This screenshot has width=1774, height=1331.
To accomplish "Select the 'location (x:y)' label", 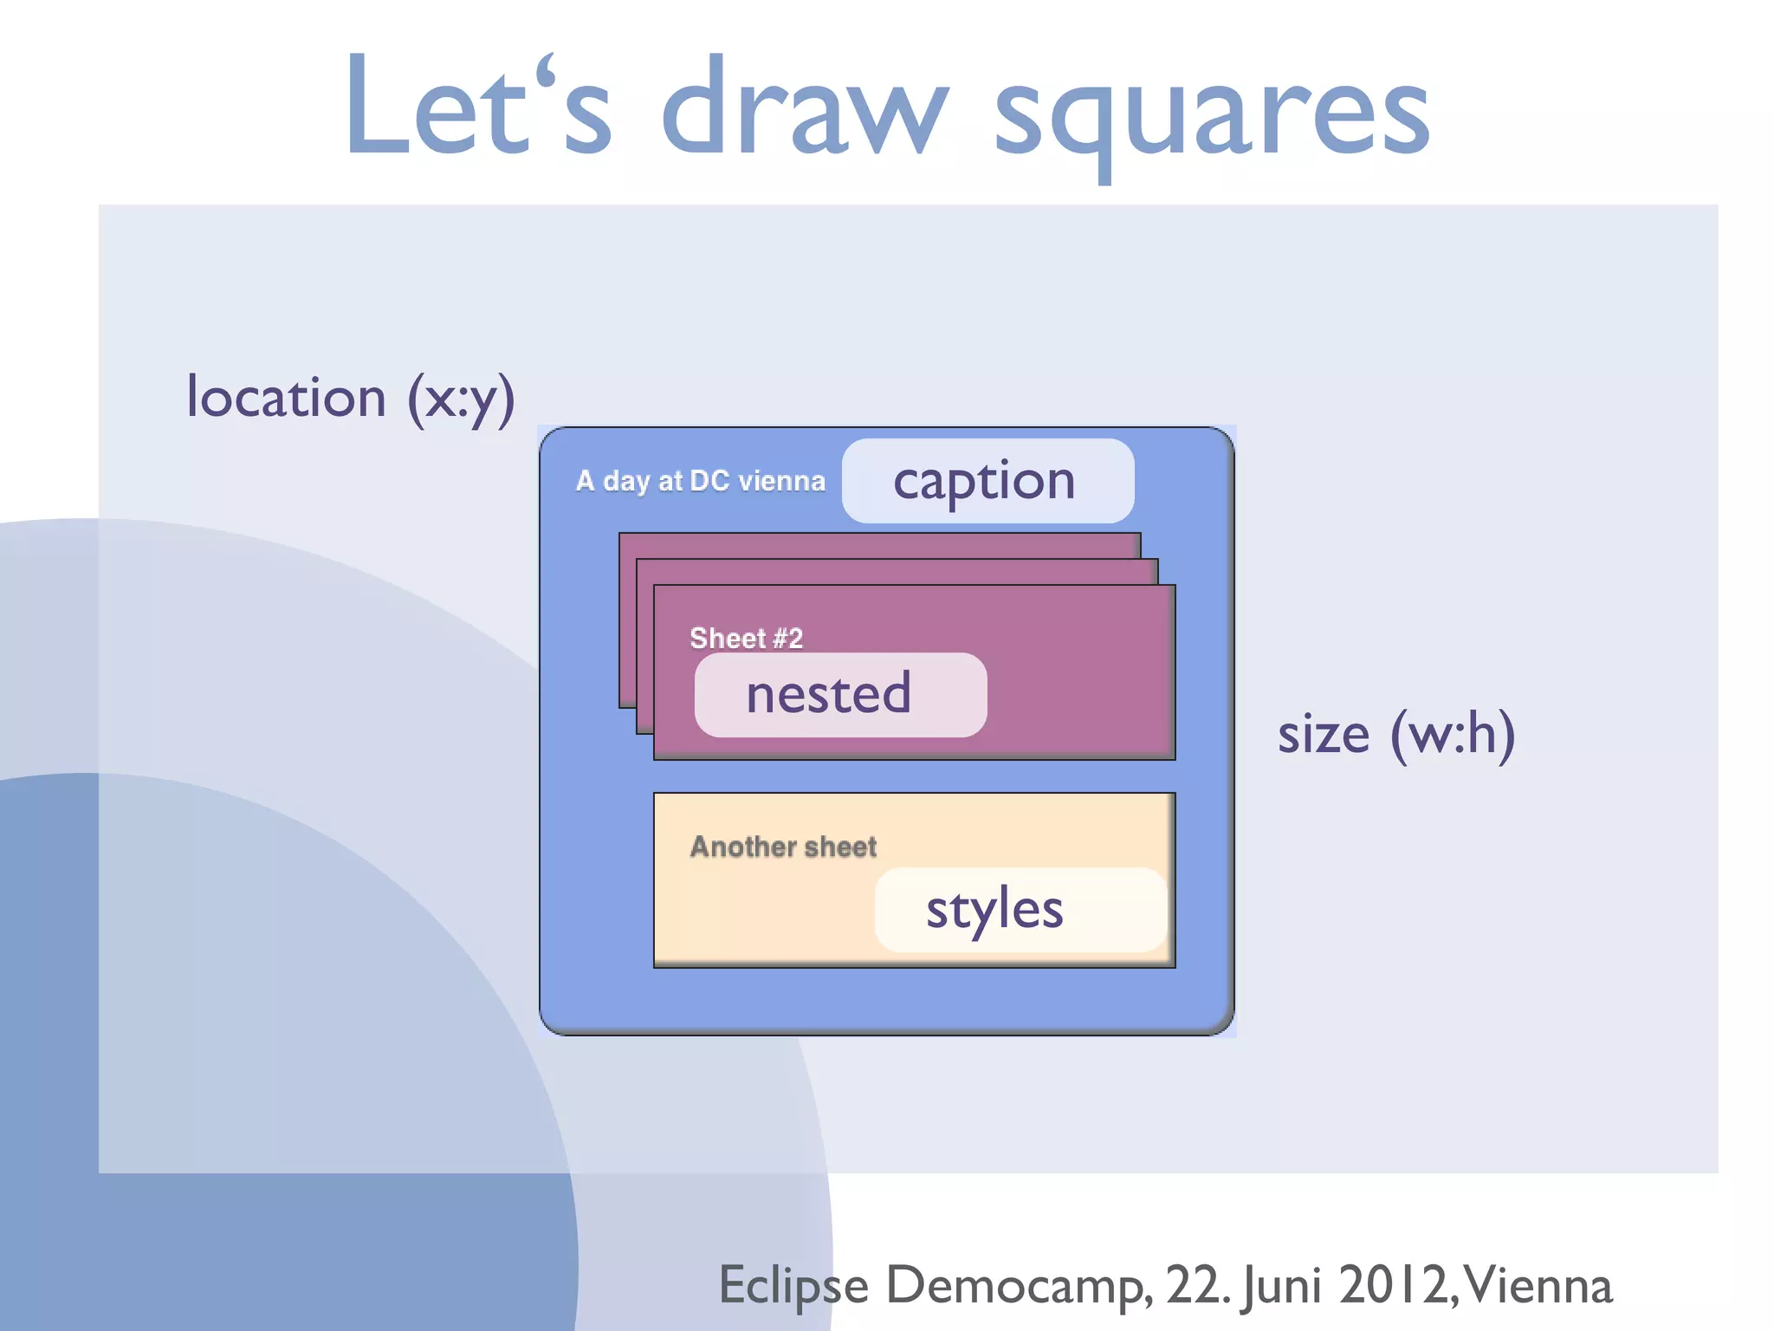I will click(x=351, y=398).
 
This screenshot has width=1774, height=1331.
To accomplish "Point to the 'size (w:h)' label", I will click(x=1396, y=734).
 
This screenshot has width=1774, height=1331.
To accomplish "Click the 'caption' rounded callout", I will click(x=987, y=481).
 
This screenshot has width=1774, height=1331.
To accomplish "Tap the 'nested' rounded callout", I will click(x=840, y=695).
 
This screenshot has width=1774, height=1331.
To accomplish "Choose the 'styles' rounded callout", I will click(x=1020, y=910).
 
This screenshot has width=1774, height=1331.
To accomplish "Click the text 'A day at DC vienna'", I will click(x=700, y=481).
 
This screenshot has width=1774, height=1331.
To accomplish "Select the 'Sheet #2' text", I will click(x=746, y=639).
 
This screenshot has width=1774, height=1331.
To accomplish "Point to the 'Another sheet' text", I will click(x=783, y=847).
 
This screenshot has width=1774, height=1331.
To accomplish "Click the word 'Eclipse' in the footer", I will click(x=793, y=1285).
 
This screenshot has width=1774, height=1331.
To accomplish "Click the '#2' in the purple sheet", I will click(x=787, y=639).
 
